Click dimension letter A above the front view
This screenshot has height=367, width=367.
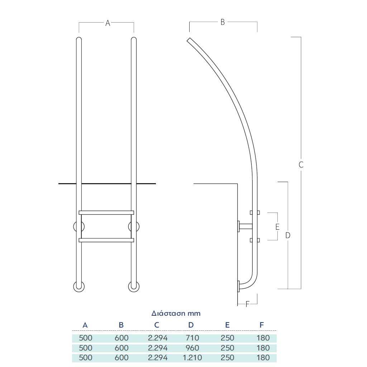click(108, 23)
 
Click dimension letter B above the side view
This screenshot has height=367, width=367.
click(223, 22)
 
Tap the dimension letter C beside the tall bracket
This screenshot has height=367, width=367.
click(301, 165)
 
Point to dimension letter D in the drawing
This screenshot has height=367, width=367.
click(288, 235)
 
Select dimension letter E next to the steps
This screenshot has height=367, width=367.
click(277, 227)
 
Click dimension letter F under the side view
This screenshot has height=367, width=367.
click(247, 304)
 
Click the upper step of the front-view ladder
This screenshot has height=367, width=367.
click(106, 213)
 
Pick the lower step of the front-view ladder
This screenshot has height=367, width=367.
click(106, 240)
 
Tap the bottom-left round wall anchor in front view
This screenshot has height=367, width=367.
click(79, 287)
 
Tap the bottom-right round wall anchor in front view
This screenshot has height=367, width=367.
click(134, 287)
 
